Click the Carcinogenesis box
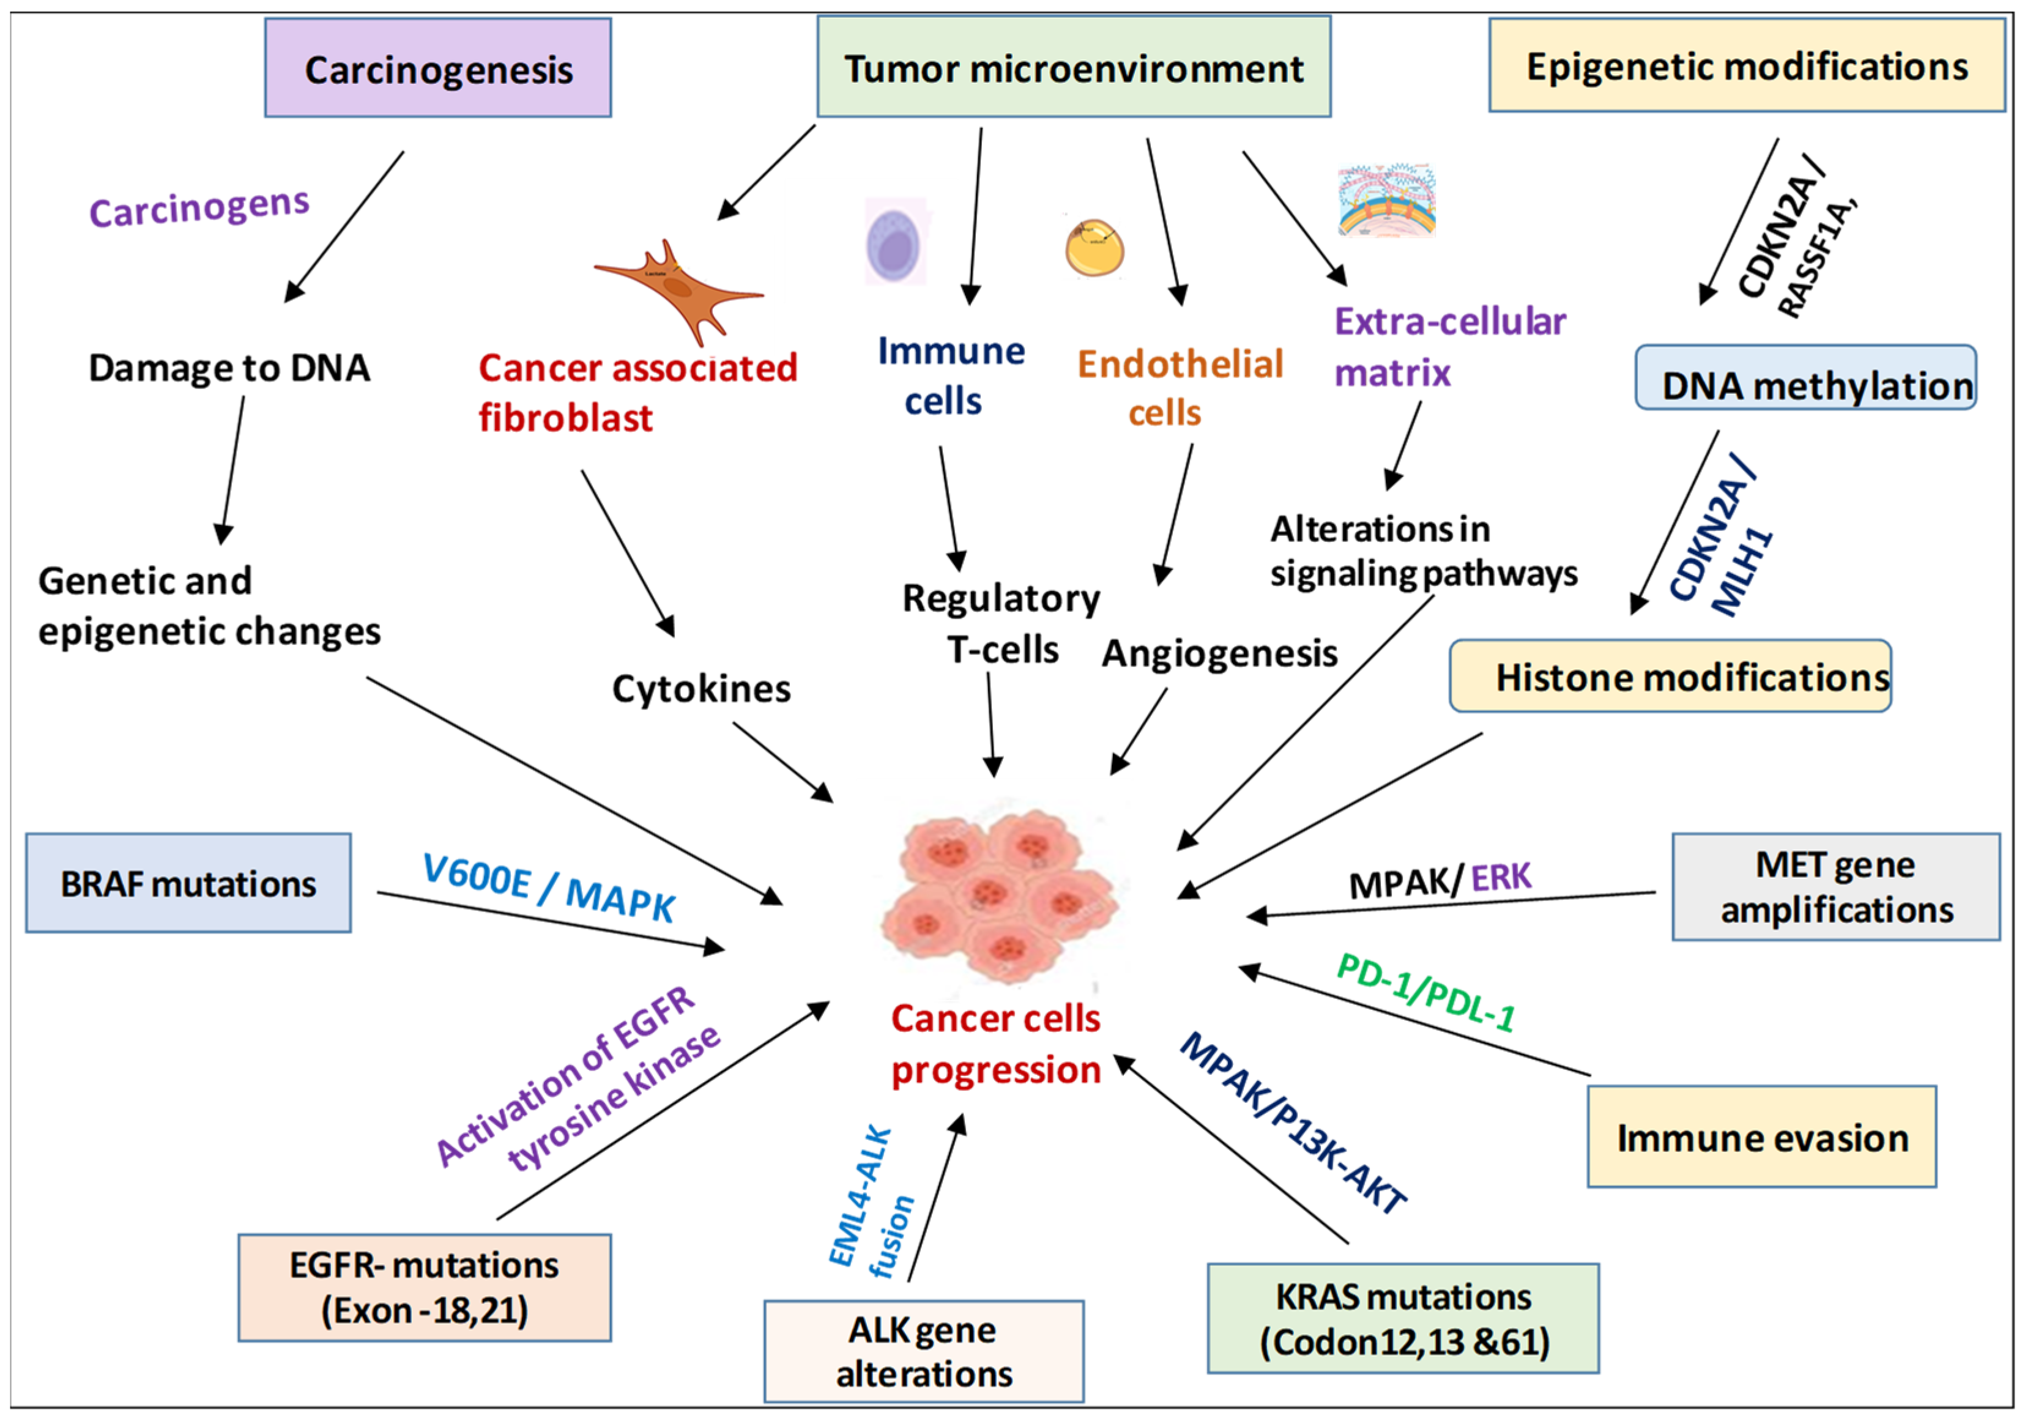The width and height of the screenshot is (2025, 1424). (x=437, y=69)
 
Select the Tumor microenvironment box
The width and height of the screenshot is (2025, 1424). (x=1073, y=68)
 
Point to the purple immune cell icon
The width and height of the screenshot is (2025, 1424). (x=895, y=242)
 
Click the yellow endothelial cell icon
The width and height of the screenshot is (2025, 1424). (x=1094, y=248)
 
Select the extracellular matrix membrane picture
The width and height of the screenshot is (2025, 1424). (x=1386, y=201)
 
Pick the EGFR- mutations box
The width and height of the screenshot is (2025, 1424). (x=424, y=1288)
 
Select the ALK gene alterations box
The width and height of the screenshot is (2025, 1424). (x=923, y=1351)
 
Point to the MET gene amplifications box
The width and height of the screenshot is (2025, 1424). (x=1835, y=887)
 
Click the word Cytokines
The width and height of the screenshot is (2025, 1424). (x=701, y=689)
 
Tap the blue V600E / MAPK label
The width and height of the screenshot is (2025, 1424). (x=549, y=888)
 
